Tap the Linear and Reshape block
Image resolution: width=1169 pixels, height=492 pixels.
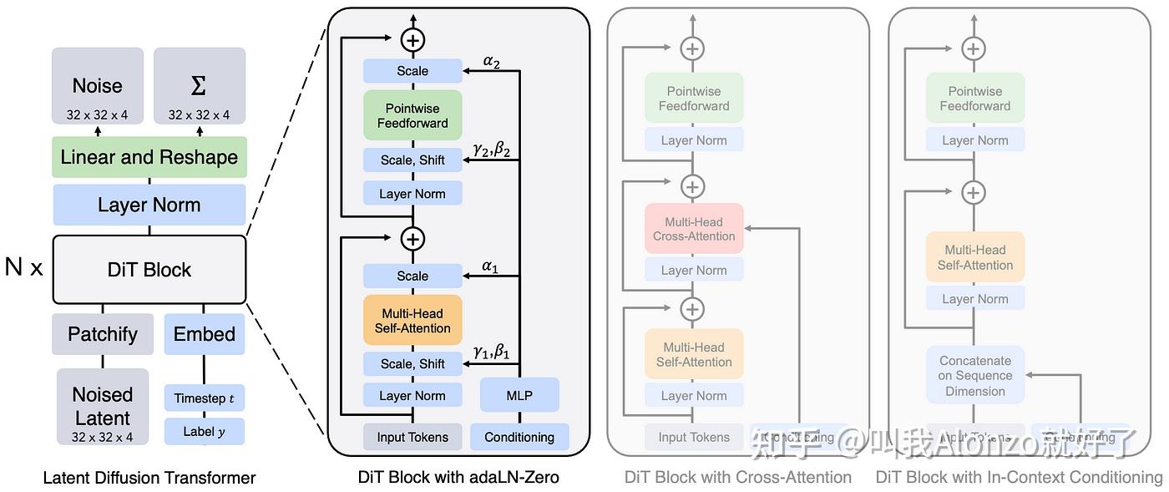(149, 157)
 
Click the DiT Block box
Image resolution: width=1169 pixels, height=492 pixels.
(149, 270)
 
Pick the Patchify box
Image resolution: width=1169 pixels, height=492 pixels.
(103, 334)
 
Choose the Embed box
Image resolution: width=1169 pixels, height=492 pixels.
(205, 334)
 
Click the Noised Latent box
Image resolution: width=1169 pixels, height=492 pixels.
(103, 407)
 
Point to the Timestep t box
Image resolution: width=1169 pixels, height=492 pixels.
(205, 398)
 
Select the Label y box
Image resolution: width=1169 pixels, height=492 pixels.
(205, 432)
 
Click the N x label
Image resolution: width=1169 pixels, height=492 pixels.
(23, 267)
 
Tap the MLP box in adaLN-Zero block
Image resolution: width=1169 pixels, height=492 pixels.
(519, 395)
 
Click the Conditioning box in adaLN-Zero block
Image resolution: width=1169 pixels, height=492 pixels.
(519, 437)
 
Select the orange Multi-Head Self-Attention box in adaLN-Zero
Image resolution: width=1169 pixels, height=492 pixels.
(412, 321)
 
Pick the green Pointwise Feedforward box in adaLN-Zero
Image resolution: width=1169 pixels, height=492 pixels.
(412, 115)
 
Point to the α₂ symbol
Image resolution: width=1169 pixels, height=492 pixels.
(492, 60)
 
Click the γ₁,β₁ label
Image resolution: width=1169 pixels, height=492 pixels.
(491, 352)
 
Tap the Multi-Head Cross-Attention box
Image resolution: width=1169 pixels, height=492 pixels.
(694, 229)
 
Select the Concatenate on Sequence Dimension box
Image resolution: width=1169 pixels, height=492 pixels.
(975, 376)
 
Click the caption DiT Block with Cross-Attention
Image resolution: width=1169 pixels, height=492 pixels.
(738, 477)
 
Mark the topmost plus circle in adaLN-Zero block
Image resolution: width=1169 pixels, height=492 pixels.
(412, 39)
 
